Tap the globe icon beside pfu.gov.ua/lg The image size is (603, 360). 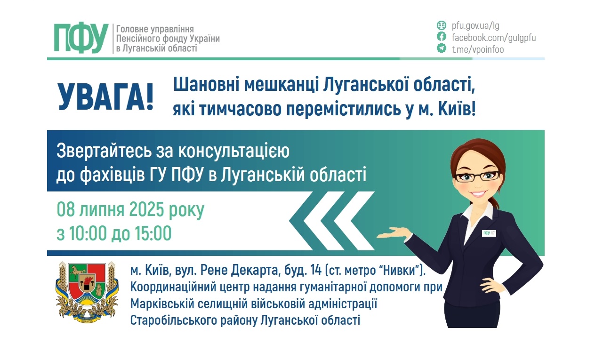click(442, 25)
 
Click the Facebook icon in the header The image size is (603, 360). click(442, 37)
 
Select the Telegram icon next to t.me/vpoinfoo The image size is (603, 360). click(442, 48)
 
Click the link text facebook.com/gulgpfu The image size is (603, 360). click(493, 37)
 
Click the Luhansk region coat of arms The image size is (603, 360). click(85, 292)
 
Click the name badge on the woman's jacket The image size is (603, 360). click(490, 232)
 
